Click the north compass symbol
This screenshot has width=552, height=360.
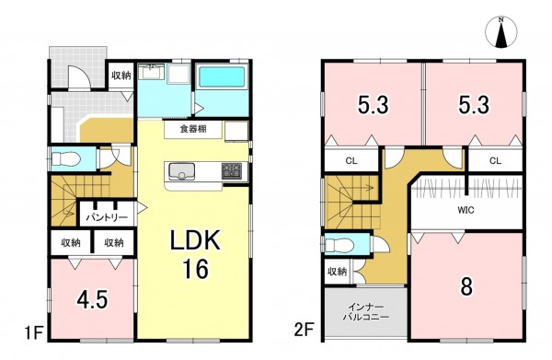(x=501, y=31)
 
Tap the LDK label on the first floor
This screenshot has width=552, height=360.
(x=195, y=240)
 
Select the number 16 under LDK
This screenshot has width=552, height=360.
(x=195, y=269)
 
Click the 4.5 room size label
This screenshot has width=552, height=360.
(x=92, y=300)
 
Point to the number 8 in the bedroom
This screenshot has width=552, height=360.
(x=466, y=286)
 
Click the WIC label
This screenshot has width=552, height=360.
(x=466, y=210)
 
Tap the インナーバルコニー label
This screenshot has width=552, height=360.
(x=366, y=311)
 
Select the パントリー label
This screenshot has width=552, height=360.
(x=107, y=217)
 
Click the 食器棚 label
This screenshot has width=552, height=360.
(x=193, y=129)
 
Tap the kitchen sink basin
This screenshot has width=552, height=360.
(x=181, y=171)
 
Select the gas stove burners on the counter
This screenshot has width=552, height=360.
(x=231, y=171)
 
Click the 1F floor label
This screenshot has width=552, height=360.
(x=33, y=332)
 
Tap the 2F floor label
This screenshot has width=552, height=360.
(x=304, y=331)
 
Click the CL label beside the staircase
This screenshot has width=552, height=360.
(x=351, y=161)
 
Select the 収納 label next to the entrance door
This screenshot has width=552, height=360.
(x=121, y=75)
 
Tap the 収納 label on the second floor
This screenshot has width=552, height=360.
(x=338, y=272)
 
